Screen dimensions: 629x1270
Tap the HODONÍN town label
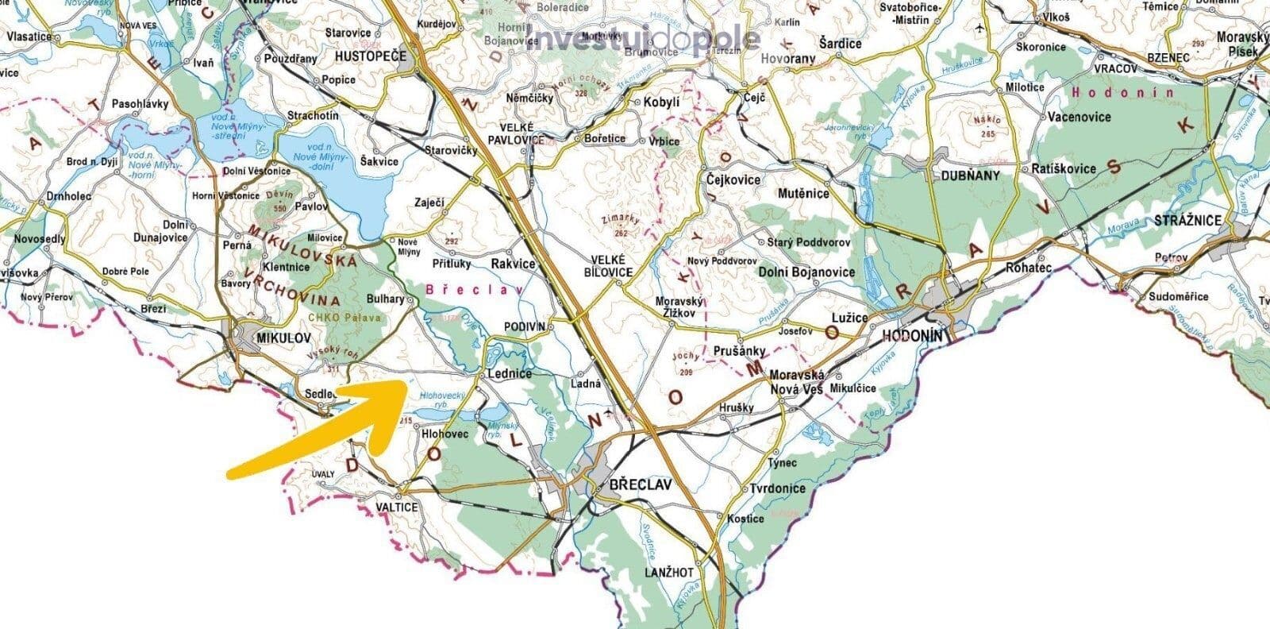913,336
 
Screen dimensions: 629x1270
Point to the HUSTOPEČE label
371,56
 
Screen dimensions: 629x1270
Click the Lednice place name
514,372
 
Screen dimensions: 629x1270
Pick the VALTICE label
396,507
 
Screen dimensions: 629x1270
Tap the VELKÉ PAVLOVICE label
521,133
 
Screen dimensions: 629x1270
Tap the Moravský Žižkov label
675,307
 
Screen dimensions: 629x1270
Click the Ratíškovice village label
1064,168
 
